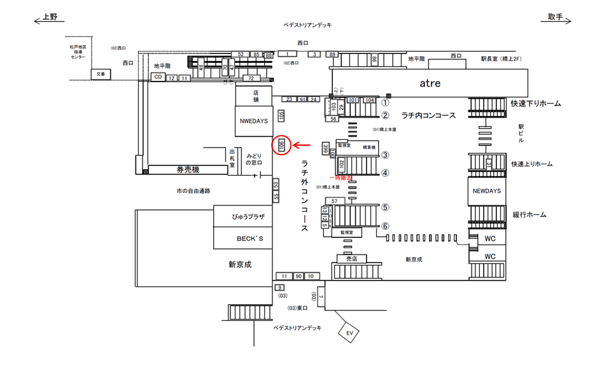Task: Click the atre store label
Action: [x=430, y=83]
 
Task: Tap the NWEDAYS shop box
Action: [x=254, y=120]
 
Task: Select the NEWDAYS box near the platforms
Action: [x=487, y=191]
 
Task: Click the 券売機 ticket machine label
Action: [x=188, y=170]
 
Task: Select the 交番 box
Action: [x=100, y=74]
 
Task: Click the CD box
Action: [x=157, y=77]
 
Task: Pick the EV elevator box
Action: [x=349, y=333]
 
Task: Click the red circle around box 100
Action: [x=281, y=146]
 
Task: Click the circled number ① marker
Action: [x=385, y=102]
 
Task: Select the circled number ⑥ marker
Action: [x=385, y=226]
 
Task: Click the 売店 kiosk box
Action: [x=352, y=259]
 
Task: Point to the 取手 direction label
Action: [x=556, y=17]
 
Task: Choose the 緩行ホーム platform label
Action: [x=529, y=215]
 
